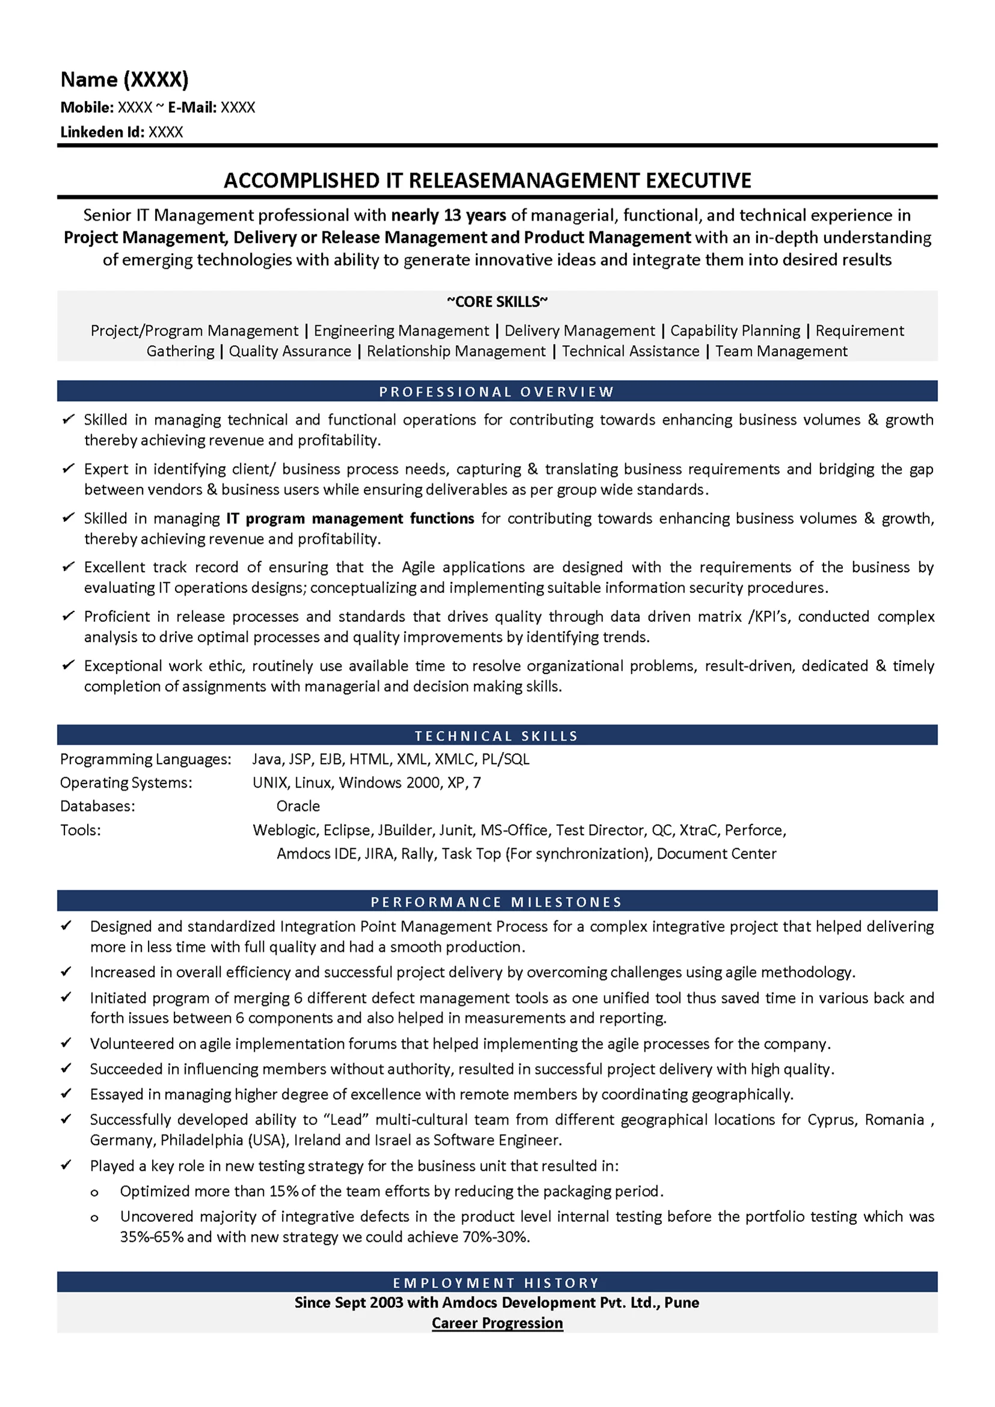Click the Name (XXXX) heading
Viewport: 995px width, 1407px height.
pyautogui.click(x=124, y=79)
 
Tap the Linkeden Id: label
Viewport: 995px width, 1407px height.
pyautogui.click(x=102, y=132)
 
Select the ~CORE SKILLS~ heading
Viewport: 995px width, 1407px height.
pyautogui.click(x=497, y=301)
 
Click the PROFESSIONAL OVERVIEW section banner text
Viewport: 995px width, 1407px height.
pyautogui.click(x=497, y=391)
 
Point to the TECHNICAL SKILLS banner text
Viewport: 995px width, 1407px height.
pyautogui.click(x=497, y=735)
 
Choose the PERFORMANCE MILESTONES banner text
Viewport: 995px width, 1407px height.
pyautogui.click(x=497, y=901)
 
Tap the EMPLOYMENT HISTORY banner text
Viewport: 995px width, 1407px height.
pyautogui.click(x=497, y=1283)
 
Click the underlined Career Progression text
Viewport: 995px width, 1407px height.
pyautogui.click(x=497, y=1322)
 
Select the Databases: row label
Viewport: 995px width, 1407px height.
pyautogui.click(x=97, y=806)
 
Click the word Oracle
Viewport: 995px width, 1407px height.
pyautogui.click(x=298, y=806)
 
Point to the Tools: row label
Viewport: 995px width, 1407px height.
pyautogui.click(x=81, y=830)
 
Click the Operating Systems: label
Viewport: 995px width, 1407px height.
pyautogui.click(x=126, y=782)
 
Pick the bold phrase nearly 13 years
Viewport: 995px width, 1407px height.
pyautogui.click(x=449, y=215)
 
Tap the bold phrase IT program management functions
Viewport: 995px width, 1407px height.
pyautogui.click(x=350, y=518)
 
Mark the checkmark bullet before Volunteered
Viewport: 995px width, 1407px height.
pyautogui.click(x=66, y=1043)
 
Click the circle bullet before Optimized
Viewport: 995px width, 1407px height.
pyautogui.click(x=94, y=1192)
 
